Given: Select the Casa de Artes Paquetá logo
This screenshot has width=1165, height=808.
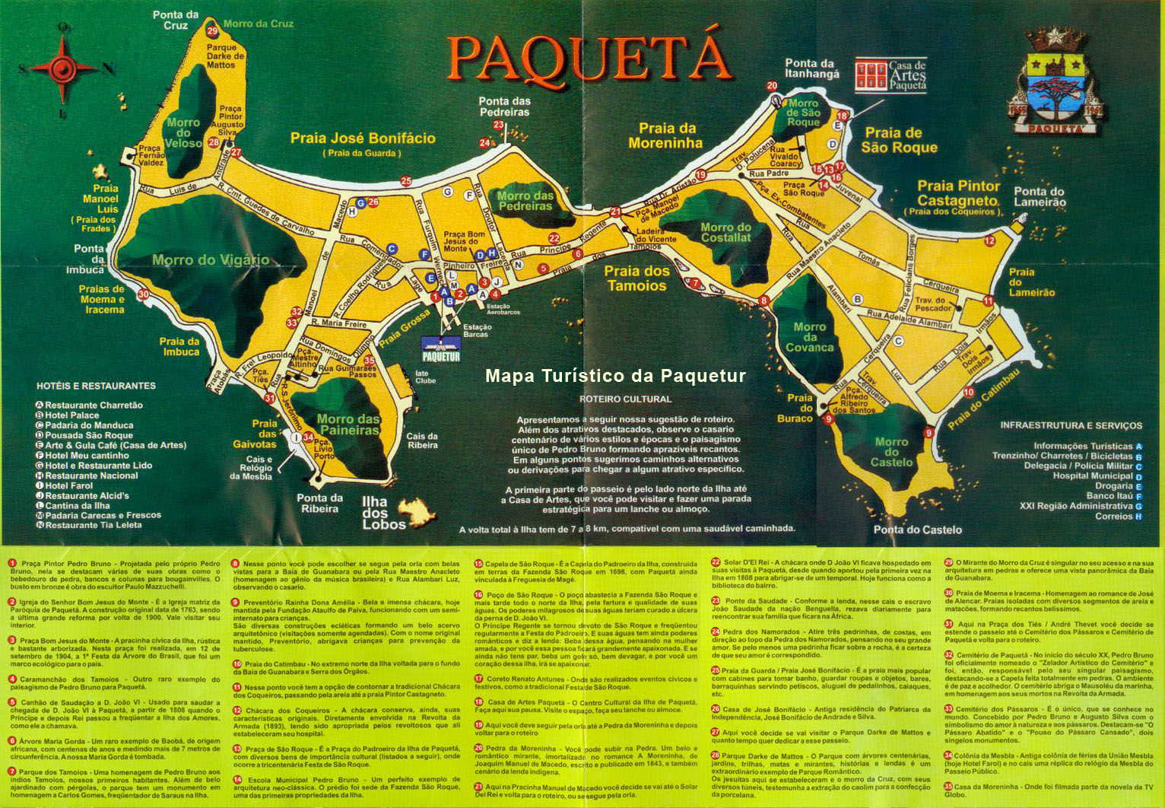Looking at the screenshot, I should tap(890, 75).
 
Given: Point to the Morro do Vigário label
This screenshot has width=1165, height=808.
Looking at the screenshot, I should tap(211, 260).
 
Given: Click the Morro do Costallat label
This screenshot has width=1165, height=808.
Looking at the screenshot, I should tap(725, 232).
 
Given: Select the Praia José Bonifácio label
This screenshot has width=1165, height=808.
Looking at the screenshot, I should tap(363, 138).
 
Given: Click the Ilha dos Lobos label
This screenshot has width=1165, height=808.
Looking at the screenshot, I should tap(374, 513).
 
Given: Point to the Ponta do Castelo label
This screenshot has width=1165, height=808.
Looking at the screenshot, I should tap(917, 530).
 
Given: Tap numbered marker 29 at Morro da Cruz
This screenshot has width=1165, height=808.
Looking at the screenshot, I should tap(212, 31).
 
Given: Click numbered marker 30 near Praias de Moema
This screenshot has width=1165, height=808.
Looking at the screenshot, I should tap(144, 294).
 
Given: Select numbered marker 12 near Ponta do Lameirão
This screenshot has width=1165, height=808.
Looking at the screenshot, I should tap(989, 241).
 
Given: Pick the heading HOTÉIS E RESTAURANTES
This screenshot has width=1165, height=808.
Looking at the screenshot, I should tap(96, 386).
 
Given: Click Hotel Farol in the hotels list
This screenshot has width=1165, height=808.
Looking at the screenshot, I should tap(69, 485).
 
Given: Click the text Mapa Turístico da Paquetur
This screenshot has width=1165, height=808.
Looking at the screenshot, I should tap(615, 376).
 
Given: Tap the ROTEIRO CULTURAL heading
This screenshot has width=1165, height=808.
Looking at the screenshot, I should tap(625, 399).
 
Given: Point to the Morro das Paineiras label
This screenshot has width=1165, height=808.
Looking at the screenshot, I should tap(348, 425).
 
